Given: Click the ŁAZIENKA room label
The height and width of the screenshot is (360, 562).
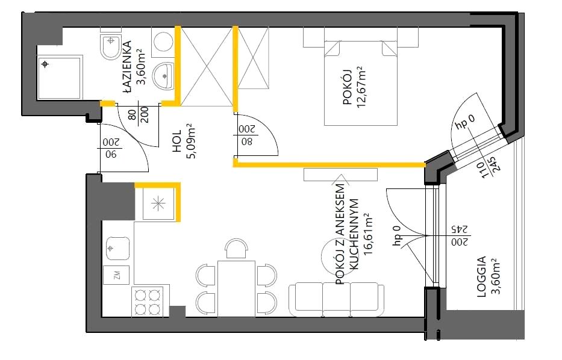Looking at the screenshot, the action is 127,67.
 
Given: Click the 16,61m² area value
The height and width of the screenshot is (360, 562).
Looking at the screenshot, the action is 367,235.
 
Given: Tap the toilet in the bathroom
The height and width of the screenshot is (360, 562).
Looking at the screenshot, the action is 111,46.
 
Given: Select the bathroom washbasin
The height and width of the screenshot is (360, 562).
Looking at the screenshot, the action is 163,76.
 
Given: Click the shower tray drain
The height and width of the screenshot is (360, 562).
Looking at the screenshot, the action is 45,64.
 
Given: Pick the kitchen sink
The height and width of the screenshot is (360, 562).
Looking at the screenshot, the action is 117,248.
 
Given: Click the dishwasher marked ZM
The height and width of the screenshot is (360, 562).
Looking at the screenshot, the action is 116,275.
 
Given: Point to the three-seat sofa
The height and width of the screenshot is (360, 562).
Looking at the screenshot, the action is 337,299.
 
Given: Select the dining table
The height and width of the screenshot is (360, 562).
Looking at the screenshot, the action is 236,289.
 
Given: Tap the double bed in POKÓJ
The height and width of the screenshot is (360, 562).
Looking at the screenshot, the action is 361,82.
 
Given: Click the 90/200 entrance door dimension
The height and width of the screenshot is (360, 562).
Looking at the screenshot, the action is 110,148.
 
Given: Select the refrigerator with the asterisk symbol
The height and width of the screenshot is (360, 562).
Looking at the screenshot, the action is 158,203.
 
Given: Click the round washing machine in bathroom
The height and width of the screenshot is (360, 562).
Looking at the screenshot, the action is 164,42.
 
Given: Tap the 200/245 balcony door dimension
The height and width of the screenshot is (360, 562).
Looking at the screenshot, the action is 460,235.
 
